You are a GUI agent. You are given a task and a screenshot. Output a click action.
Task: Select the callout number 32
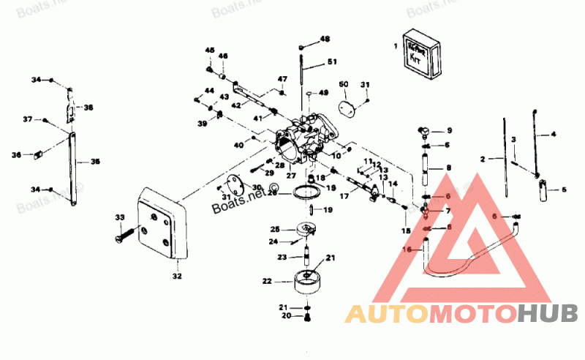coord(176,277)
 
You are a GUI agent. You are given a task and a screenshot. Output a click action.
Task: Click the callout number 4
coord(553,135)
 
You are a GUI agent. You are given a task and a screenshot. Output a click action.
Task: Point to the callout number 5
coord(564,190)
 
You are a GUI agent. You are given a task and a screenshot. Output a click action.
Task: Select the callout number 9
coord(450,131)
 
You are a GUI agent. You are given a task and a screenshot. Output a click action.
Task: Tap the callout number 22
coord(267,280)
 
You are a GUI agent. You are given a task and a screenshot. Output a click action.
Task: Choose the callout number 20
coord(287,316)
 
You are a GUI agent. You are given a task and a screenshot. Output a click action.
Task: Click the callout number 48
coord(325,38)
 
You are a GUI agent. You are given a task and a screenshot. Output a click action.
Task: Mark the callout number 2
coord(483,158)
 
